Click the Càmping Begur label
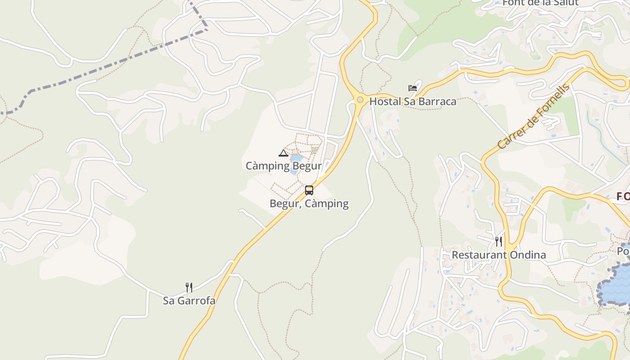[x=283, y=166]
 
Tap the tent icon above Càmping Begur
[x=283, y=153]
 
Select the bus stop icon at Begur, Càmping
[x=309, y=190]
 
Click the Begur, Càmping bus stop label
[x=309, y=203]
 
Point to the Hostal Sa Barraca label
[x=413, y=101]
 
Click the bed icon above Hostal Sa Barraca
[x=413, y=88]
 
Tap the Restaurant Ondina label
[x=499, y=255]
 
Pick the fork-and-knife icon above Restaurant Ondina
[x=499, y=242]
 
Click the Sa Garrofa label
[x=189, y=301]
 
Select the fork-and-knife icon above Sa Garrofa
[x=189, y=288]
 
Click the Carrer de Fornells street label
[x=533, y=117]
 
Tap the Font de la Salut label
[x=540, y=3]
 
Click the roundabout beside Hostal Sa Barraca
[x=360, y=99]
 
